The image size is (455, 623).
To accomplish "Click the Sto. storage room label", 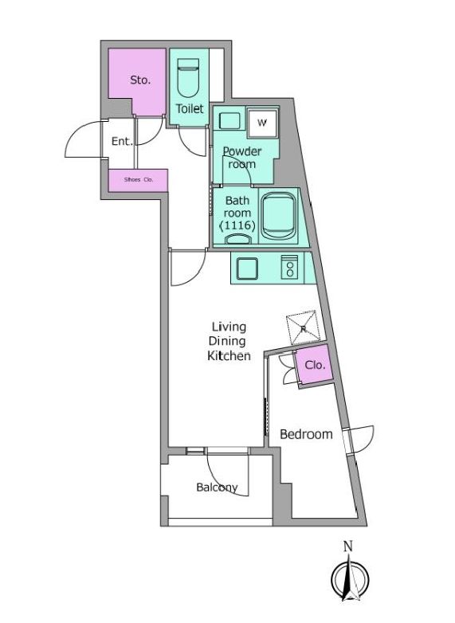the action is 140,80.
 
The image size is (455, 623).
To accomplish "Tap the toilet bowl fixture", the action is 188,78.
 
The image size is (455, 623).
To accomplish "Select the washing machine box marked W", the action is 262,122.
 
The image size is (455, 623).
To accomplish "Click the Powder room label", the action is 242,157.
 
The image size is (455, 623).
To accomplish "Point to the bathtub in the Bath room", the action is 279,216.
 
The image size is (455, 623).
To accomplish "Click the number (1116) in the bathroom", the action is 237,225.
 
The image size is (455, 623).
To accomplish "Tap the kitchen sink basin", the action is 247,268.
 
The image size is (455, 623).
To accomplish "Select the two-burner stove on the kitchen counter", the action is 290,267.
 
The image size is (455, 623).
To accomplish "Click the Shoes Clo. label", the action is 139,179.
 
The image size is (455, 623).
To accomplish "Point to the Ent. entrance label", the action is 122,141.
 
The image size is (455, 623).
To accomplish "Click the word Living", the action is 229,327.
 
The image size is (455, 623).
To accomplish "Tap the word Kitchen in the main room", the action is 229,355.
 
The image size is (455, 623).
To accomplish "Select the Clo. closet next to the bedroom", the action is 315,364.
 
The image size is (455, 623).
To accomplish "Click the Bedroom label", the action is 306,434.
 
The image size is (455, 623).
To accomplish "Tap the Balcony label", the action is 217,487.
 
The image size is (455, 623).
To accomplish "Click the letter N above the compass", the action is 347,547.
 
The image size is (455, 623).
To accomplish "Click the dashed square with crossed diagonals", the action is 304,327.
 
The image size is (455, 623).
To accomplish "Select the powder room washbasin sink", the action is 229,121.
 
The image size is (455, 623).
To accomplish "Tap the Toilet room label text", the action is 190,109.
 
